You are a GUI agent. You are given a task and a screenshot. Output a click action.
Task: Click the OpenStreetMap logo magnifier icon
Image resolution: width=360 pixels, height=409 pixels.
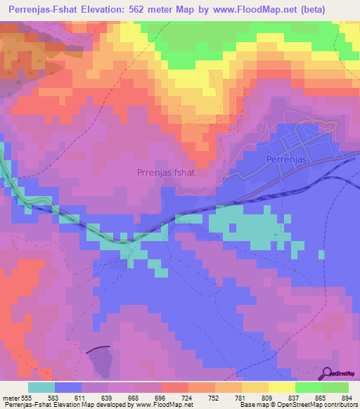pos(326,373)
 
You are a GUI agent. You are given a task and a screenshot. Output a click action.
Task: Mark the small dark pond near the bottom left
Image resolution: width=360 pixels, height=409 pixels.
pos(101,363)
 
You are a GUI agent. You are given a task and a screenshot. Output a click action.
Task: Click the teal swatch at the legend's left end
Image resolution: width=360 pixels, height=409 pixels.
pos(41,387)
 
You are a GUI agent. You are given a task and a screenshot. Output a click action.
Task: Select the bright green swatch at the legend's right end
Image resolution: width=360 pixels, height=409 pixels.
pos(335,387)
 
